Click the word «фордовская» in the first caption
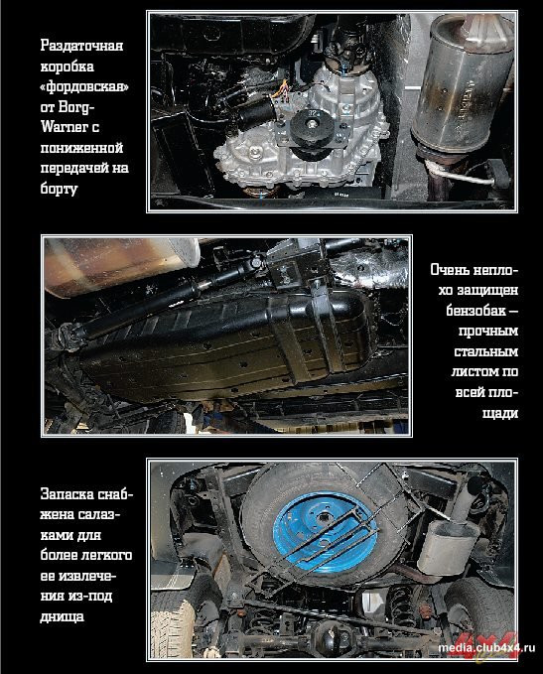click(84, 86)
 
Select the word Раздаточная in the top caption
click(81, 46)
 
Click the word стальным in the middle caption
click(486, 351)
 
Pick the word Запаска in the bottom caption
click(68, 494)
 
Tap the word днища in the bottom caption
click(62, 617)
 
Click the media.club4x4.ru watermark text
click(486, 647)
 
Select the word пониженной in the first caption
click(81, 148)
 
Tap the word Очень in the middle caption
click(450, 270)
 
